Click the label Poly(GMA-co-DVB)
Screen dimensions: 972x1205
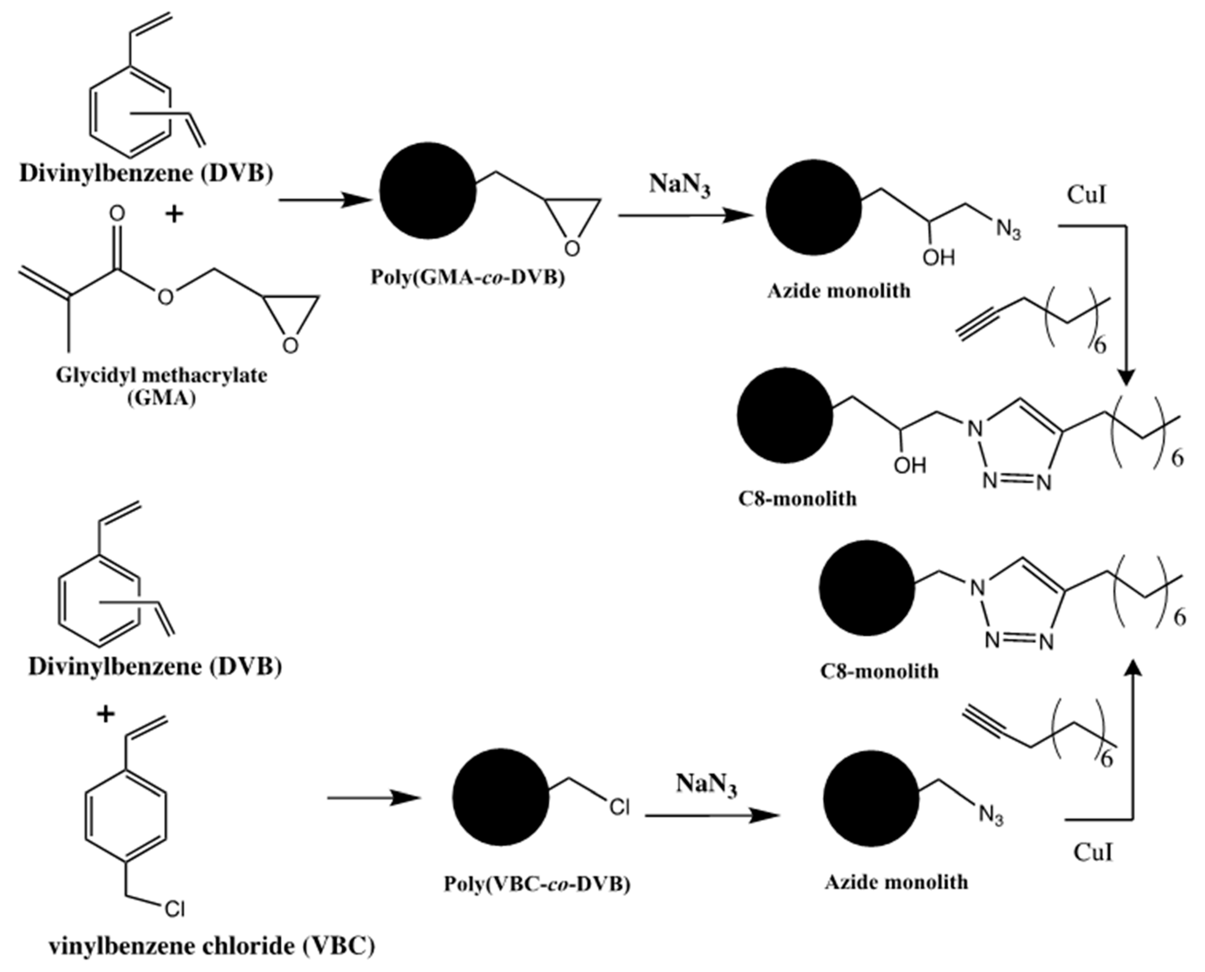pos(468,277)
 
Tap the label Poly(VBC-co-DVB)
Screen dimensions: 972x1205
pos(537,884)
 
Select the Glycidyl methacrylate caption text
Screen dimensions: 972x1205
pos(161,375)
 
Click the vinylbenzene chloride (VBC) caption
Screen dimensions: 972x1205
pos(212,946)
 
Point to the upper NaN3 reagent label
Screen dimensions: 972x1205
pos(679,185)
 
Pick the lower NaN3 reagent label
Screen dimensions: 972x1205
pos(706,784)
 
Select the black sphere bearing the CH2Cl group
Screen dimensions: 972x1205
pos(500,795)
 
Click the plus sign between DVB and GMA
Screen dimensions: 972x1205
pos(175,214)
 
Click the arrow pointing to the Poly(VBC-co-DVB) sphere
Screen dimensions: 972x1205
pos(374,798)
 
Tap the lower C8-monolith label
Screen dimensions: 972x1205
pos(879,671)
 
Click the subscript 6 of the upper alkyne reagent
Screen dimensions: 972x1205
pos(1100,345)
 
